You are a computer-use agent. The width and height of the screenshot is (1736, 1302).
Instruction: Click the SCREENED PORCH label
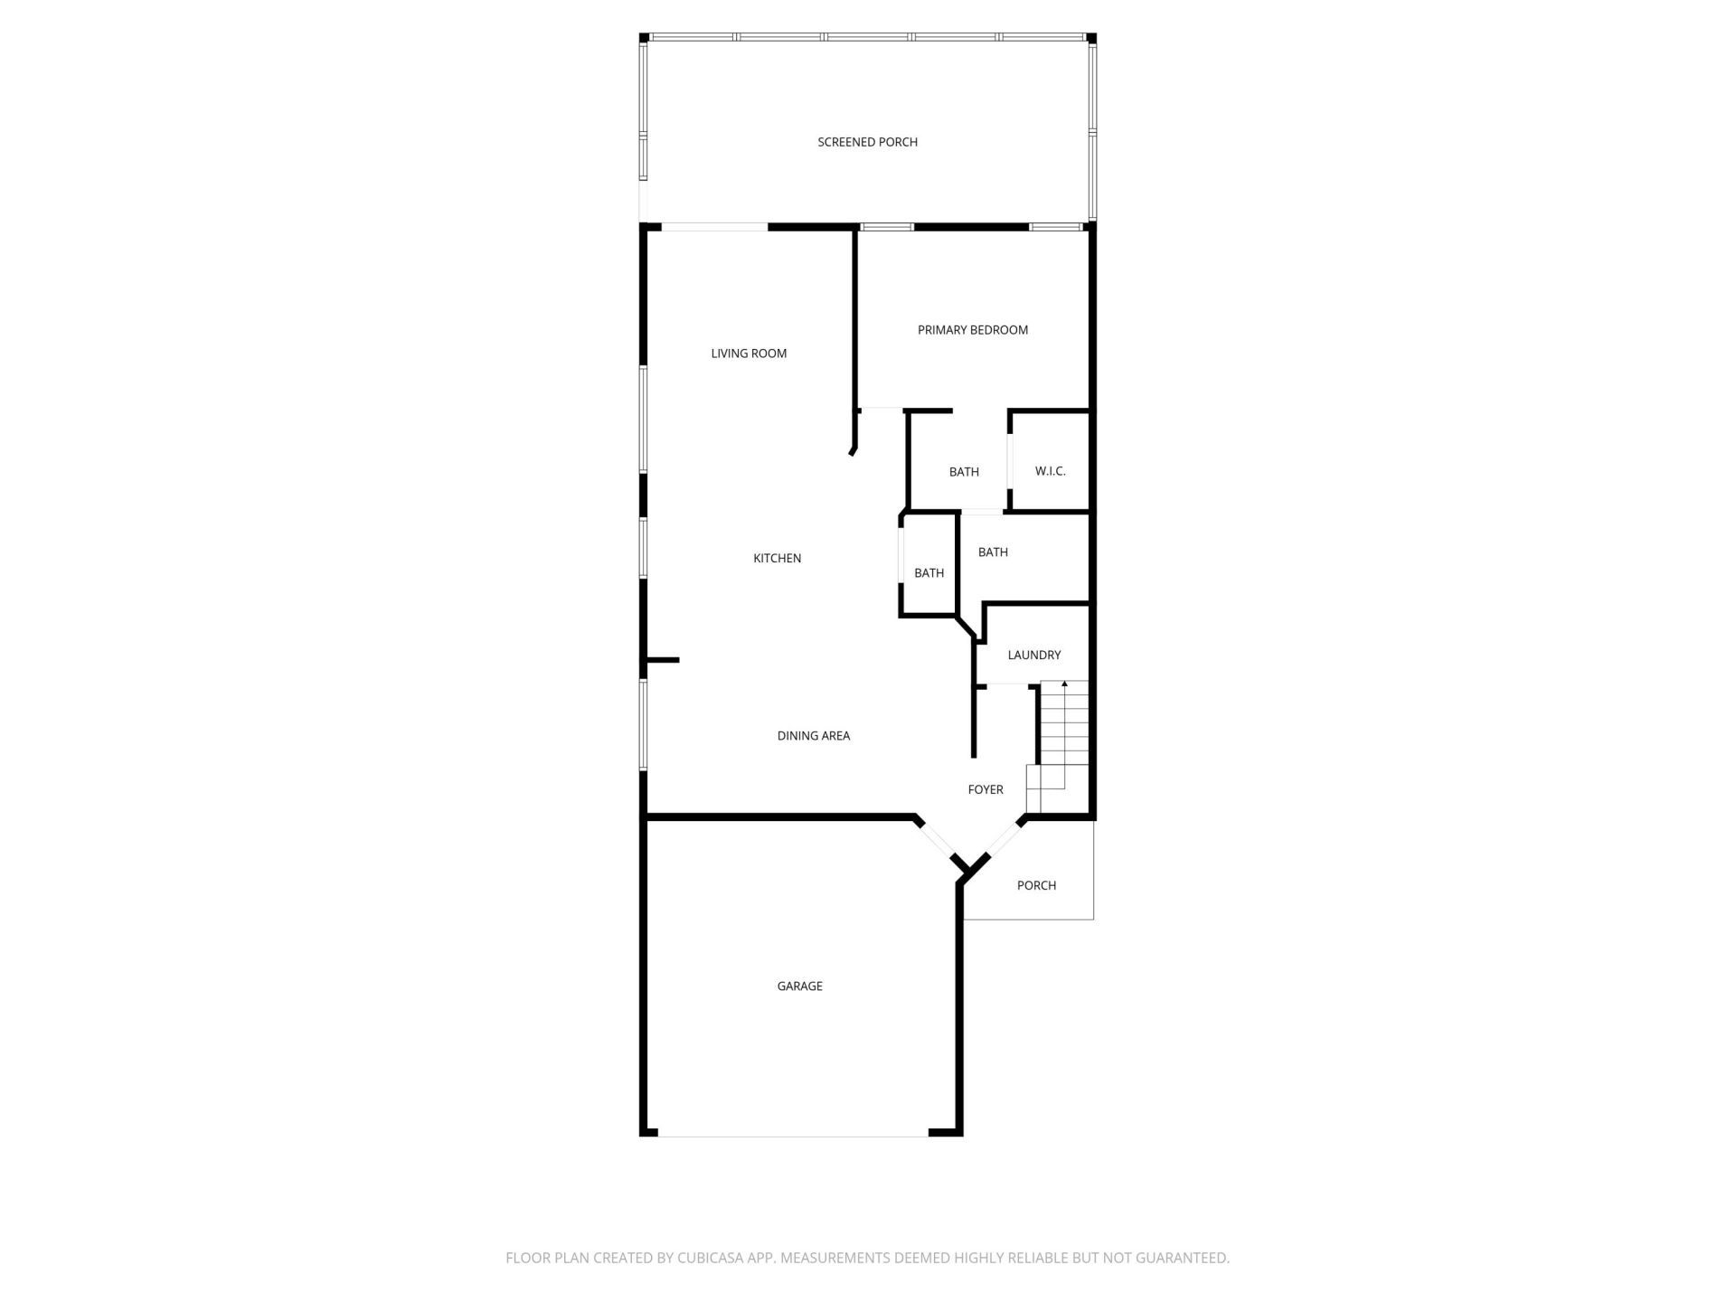(867, 142)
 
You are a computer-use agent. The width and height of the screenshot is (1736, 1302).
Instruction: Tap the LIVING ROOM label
(749, 354)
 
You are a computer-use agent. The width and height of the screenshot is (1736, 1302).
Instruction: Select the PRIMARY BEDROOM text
(972, 330)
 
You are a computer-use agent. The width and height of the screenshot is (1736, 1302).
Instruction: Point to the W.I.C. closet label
(1050, 471)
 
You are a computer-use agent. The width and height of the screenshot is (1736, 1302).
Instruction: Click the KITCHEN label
(777, 559)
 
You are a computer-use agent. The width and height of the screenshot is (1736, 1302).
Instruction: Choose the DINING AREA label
(813, 736)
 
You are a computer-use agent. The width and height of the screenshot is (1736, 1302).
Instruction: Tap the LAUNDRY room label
(1033, 655)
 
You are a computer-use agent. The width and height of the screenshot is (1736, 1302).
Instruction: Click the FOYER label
(985, 789)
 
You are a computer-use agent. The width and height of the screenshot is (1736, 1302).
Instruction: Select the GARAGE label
(799, 986)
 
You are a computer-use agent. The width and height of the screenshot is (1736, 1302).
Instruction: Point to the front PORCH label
(1036, 885)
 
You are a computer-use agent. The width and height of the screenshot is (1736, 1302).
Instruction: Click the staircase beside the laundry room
(1063, 732)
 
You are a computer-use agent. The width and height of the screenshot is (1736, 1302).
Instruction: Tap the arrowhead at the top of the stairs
(1064, 684)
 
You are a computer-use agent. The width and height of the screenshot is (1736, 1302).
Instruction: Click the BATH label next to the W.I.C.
(964, 472)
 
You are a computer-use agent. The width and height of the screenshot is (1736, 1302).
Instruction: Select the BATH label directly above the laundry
(993, 552)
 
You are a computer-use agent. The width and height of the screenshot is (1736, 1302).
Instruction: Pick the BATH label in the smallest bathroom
(929, 573)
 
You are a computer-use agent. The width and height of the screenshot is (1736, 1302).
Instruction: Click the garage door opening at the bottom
(793, 1135)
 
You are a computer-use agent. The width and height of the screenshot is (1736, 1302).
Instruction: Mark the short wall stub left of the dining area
(662, 660)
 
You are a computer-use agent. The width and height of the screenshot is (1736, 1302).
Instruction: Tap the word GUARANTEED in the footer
(1183, 1258)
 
